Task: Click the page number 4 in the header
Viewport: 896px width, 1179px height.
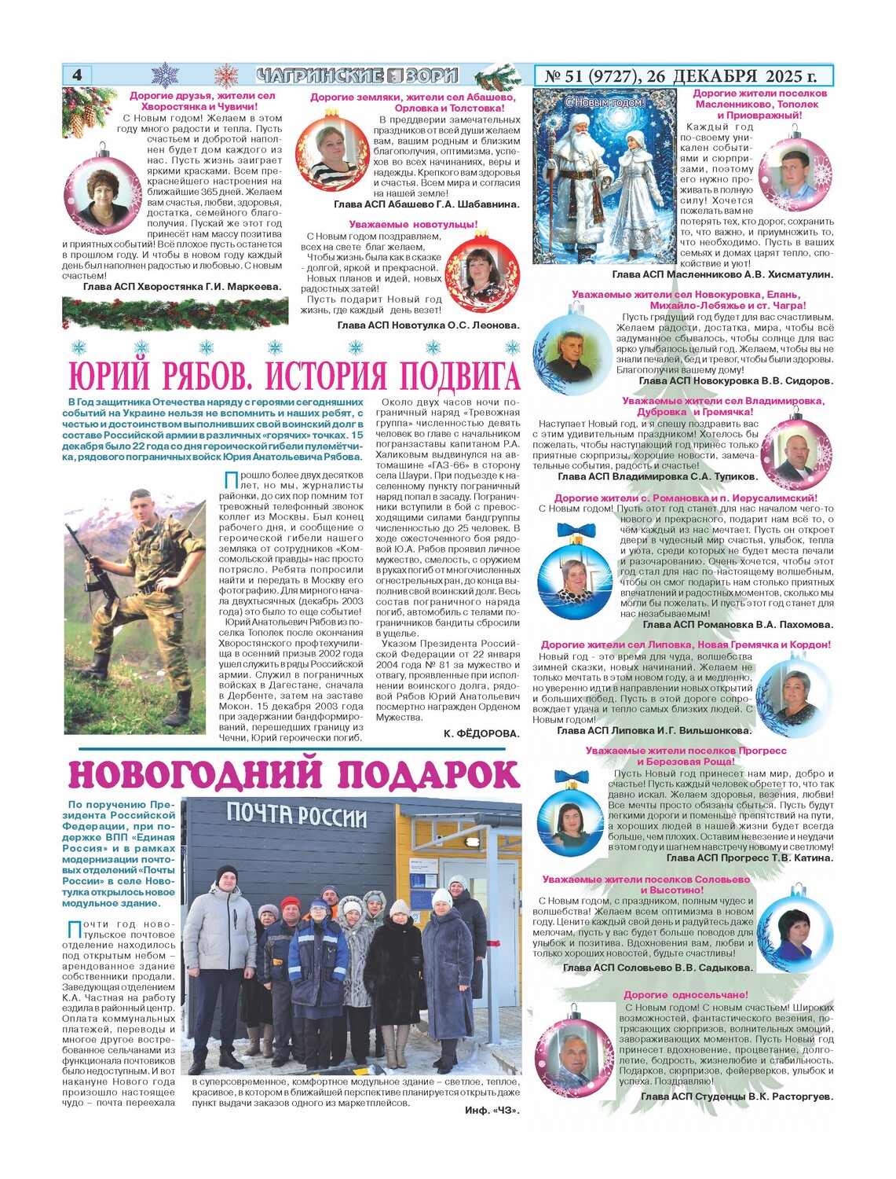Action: pos(77,75)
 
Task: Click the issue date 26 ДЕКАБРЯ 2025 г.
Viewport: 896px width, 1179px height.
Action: pos(733,76)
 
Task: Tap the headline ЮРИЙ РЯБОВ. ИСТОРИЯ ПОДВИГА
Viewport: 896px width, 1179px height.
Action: pos(294,376)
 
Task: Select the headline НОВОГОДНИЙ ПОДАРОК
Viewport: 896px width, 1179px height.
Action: pos(294,775)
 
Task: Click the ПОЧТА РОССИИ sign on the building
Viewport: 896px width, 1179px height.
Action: pos(297,815)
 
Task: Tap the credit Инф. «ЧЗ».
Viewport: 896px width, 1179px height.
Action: pos(492,1110)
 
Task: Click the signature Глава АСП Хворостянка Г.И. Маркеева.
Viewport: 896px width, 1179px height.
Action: pos(182,287)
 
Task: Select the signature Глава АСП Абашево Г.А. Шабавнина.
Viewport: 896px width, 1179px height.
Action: pos(426,204)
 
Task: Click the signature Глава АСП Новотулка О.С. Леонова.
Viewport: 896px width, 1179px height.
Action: pos(428,325)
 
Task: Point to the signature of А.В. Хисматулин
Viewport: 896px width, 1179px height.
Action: pos(722,274)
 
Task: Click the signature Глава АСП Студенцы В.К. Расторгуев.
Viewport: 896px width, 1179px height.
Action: pos(737,1096)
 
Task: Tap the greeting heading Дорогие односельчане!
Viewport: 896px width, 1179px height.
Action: pos(686,995)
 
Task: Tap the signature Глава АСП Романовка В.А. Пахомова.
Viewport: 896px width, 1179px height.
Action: pos(738,625)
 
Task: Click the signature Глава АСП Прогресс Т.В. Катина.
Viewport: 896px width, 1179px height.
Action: pos(750,858)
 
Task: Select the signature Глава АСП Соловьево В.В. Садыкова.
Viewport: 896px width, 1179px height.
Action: pos(657,968)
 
